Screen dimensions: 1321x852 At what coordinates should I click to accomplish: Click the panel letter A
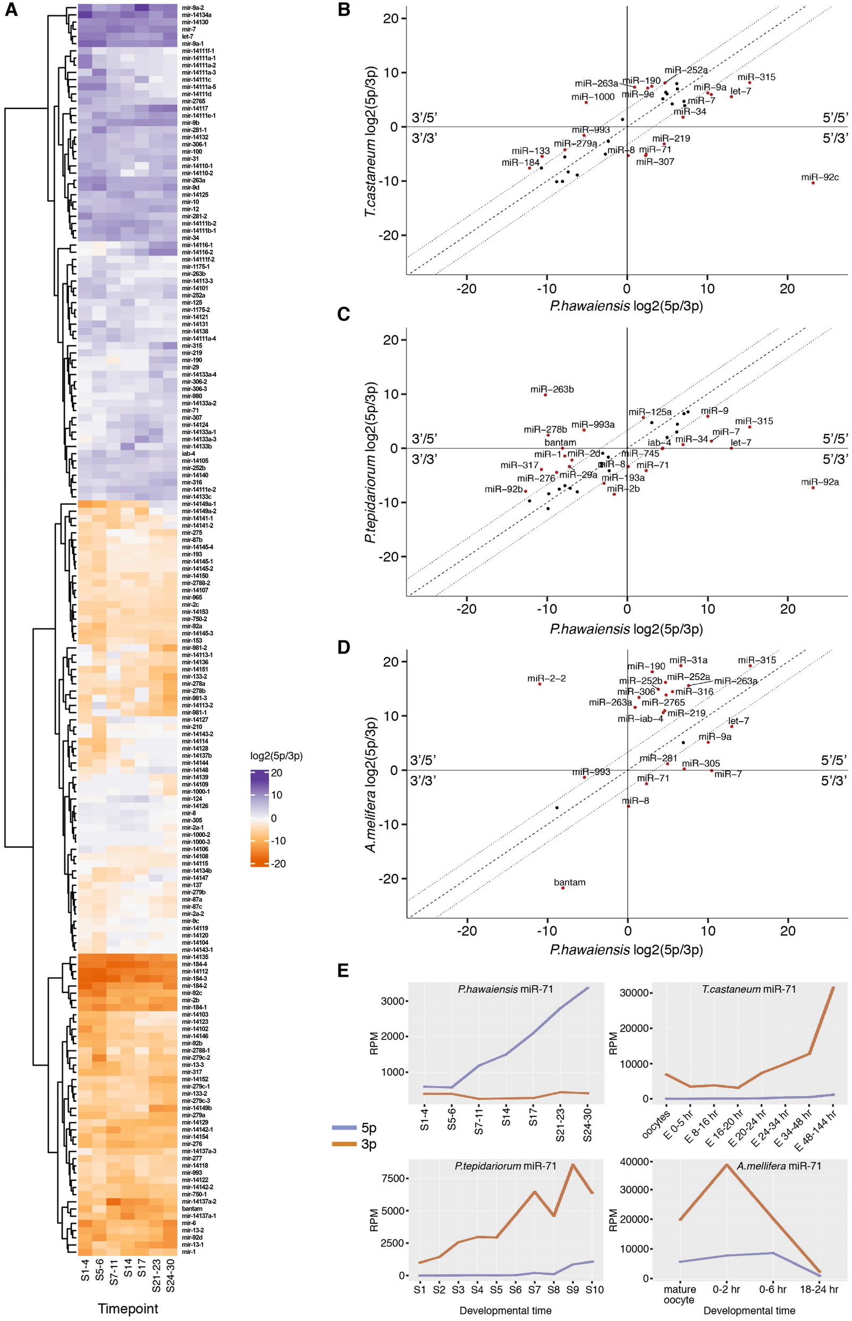pyautogui.click(x=11, y=10)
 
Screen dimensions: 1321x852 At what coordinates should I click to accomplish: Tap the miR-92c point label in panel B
pyautogui.click(x=820, y=177)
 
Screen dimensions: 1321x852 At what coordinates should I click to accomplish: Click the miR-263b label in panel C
pyautogui.click(x=552, y=389)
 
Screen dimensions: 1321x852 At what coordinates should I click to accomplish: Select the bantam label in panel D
pyautogui.click(x=569, y=882)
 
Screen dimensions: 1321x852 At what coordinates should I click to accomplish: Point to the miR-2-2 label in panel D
pyautogui.click(x=546, y=679)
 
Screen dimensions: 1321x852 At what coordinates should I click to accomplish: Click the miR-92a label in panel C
pyautogui.click(x=820, y=482)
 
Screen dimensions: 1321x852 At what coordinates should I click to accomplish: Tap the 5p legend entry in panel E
pyautogui.click(x=368, y=1128)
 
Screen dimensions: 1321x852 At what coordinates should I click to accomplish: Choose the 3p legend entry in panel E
pyautogui.click(x=368, y=1144)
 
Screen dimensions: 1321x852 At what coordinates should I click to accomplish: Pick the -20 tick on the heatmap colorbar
pyautogui.click(x=279, y=863)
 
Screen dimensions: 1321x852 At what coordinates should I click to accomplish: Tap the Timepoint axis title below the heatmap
pyautogui.click(x=128, y=1309)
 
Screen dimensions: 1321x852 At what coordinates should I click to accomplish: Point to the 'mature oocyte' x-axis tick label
pyautogui.click(x=679, y=1294)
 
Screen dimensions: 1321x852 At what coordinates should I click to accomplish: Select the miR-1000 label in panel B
pyautogui.click(x=593, y=97)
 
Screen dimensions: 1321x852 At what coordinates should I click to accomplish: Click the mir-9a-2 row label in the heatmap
pyautogui.click(x=192, y=8)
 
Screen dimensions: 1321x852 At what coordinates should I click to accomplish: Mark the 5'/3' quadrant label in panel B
pyautogui.click(x=834, y=138)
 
